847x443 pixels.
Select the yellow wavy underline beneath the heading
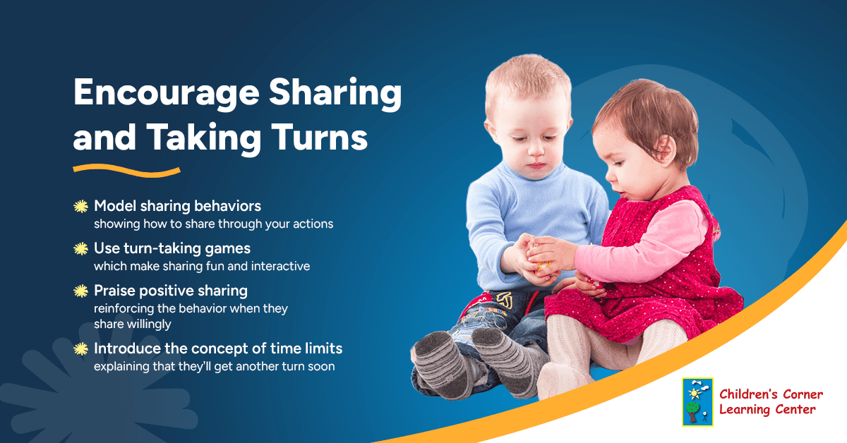click(127, 170)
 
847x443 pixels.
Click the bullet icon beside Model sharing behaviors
click(81, 207)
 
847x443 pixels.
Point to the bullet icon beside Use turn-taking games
click(81, 249)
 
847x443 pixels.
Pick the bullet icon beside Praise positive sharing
click(81, 291)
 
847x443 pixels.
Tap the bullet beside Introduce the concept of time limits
click(81, 348)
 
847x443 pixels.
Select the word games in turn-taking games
click(231, 248)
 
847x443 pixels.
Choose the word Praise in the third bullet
click(115, 290)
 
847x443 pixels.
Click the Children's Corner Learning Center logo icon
click(697, 402)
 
